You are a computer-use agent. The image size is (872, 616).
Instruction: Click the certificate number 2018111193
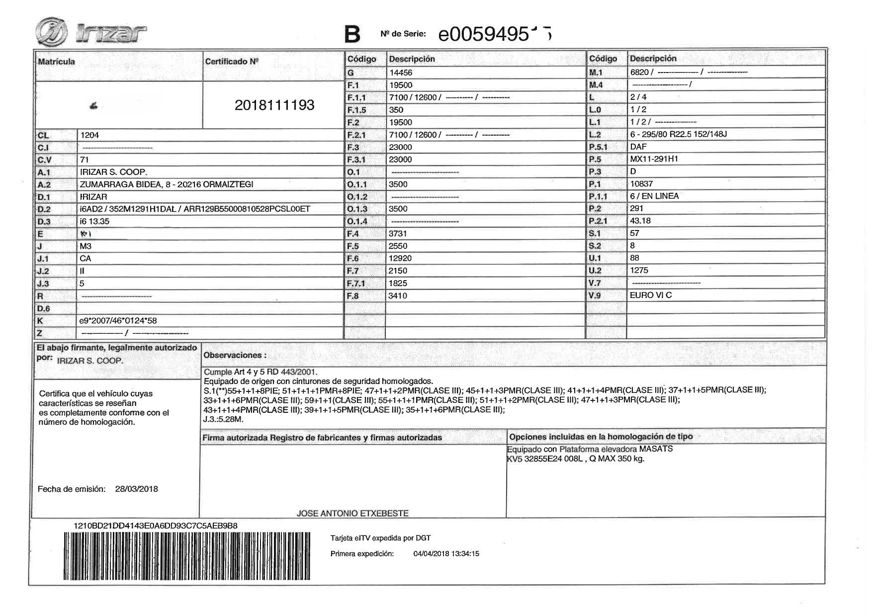tap(274, 105)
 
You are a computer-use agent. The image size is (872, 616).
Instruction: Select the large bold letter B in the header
tap(352, 34)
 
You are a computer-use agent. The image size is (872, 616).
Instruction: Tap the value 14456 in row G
tap(400, 73)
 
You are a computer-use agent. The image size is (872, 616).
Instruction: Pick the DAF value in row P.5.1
tap(638, 147)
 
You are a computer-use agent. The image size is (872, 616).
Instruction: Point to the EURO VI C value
tap(650, 295)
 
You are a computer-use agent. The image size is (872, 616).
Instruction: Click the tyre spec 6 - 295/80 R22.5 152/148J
tap(678, 134)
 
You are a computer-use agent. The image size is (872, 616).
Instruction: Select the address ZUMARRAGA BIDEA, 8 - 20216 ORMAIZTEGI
tap(167, 184)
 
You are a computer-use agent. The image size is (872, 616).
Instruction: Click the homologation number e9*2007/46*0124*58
tap(118, 321)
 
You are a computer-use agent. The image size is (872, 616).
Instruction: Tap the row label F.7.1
tap(356, 283)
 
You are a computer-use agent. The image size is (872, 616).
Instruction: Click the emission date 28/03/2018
tap(136, 489)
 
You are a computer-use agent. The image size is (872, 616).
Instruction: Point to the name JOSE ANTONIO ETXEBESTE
tap(352, 513)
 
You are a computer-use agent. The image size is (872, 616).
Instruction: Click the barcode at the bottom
tap(186, 556)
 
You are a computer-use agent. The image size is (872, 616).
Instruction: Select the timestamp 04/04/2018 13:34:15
tap(446, 553)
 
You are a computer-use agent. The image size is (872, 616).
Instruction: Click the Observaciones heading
tap(235, 355)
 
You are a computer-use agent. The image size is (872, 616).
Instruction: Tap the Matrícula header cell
tap(56, 62)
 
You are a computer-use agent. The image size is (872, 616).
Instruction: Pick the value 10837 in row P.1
tap(641, 184)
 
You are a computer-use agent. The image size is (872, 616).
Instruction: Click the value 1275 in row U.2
tap(639, 270)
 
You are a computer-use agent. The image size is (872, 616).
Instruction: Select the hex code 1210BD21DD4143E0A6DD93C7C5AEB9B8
tap(155, 526)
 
